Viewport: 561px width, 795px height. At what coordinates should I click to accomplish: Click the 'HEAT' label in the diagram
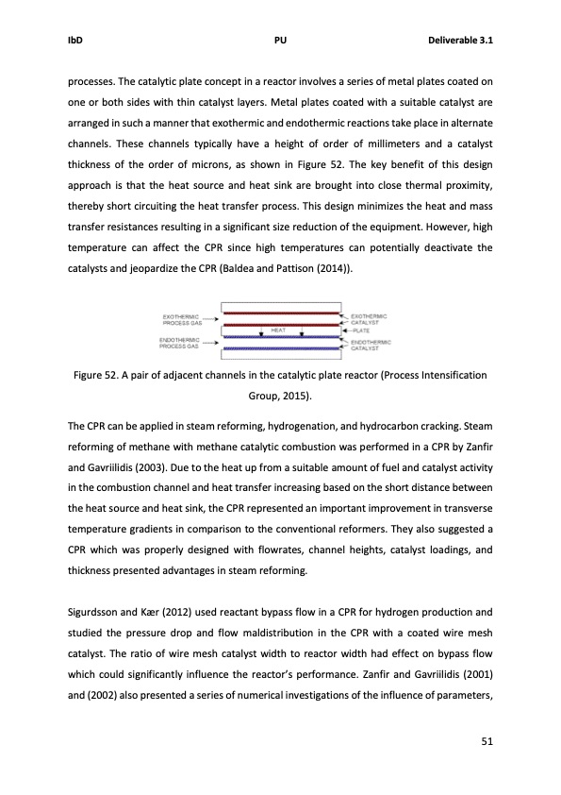(x=278, y=330)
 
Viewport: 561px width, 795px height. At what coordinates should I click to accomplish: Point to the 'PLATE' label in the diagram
(x=362, y=330)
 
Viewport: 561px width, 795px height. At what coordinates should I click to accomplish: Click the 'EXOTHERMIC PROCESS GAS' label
(x=184, y=319)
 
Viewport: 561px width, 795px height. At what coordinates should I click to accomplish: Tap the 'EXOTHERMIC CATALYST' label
(x=371, y=318)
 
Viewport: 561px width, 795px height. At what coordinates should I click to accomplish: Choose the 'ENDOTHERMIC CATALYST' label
(x=371, y=344)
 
